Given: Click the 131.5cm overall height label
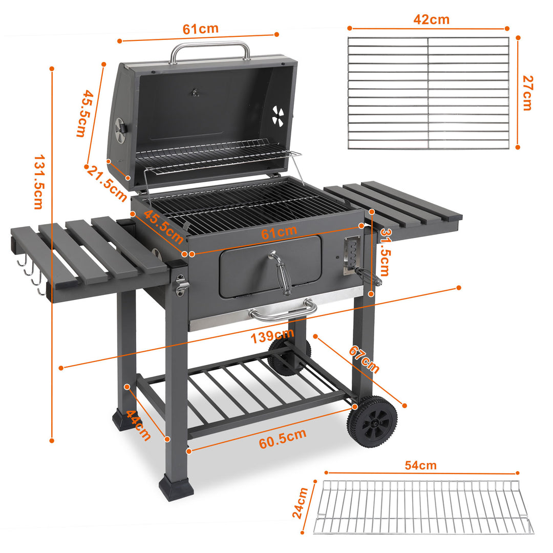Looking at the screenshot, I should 38,183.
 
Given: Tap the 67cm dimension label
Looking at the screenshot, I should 364,359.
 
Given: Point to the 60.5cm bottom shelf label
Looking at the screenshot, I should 282,439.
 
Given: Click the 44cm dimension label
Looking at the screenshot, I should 139,426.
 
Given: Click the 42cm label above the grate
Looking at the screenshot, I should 431,19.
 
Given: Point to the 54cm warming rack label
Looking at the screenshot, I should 420,465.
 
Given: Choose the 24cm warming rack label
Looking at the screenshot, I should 301,503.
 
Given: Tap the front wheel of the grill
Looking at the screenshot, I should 372,421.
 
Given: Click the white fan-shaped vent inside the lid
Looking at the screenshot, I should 278,116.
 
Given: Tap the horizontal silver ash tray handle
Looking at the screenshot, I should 283,311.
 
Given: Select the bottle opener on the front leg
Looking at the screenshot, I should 180,285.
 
